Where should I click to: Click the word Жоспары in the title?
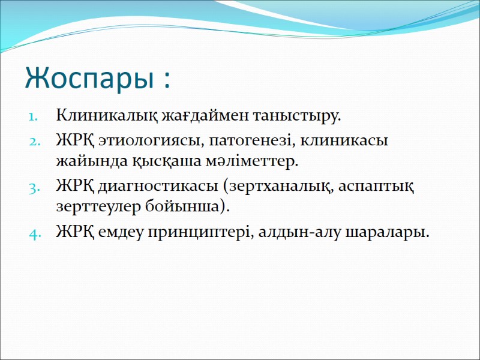coord(88,79)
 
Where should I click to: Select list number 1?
coord(34,115)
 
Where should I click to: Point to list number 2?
coord(34,142)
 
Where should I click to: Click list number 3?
coord(34,187)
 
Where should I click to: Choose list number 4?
coord(34,233)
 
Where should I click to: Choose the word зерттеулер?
coord(95,207)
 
